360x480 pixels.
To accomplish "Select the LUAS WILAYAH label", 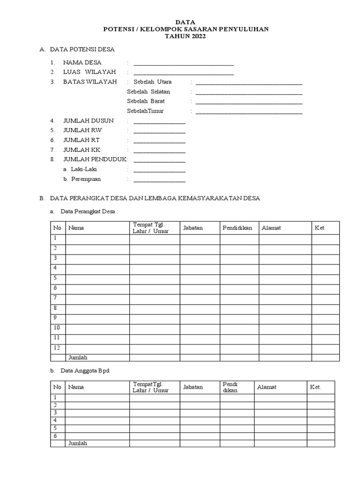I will click(89, 72).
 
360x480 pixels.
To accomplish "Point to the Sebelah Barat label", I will click(146, 101).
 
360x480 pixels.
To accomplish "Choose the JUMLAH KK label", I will click(82, 150).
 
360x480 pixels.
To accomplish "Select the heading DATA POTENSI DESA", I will click(82, 49).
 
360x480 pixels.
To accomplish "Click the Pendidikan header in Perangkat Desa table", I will click(238, 228).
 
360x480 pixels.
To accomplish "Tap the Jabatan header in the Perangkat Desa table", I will click(193, 228).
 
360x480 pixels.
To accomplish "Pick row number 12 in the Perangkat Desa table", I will click(57, 347).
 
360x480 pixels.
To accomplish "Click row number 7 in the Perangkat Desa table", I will click(55, 298).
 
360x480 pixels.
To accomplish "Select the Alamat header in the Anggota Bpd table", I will click(266, 387).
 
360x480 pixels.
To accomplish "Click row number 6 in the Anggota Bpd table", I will click(55, 436).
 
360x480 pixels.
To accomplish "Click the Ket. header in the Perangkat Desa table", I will click(320, 228).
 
